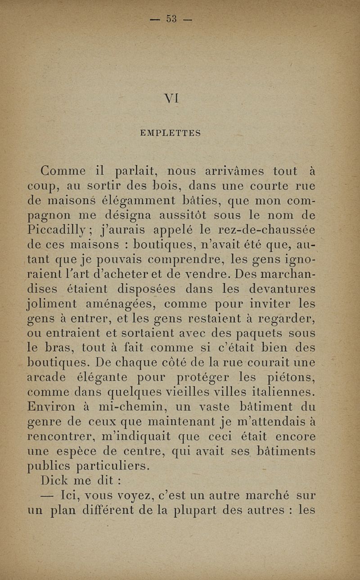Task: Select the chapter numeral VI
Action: pyautogui.click(x=172, y=96)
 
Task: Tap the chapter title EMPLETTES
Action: pyautogui.click(x=170, y=133)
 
